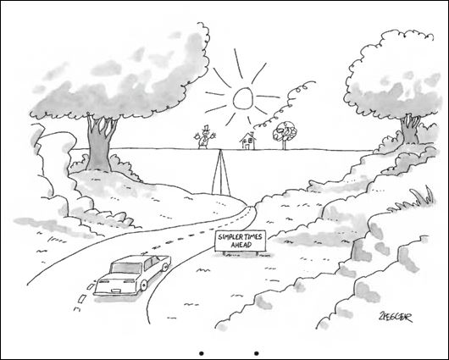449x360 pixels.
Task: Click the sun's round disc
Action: point(243,98)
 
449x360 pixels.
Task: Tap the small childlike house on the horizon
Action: point(248,141)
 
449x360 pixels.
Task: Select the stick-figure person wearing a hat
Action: point(204,137)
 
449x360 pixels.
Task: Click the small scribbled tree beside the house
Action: point(285,135)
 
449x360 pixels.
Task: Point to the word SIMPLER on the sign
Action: point(229,237)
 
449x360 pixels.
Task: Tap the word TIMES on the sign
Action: point(251,237)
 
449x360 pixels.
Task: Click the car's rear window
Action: point(126,268)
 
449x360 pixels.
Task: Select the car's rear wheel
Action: point(143,285)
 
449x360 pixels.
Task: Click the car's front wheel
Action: point(165,267)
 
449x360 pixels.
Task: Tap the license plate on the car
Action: point(116,291)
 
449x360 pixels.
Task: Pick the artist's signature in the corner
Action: point(395,318)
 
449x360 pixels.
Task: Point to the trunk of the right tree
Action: point(410,129)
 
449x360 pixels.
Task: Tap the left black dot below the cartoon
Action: point(202,353)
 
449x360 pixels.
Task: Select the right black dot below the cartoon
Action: point(257,353)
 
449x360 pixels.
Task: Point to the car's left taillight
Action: point(103,282)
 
